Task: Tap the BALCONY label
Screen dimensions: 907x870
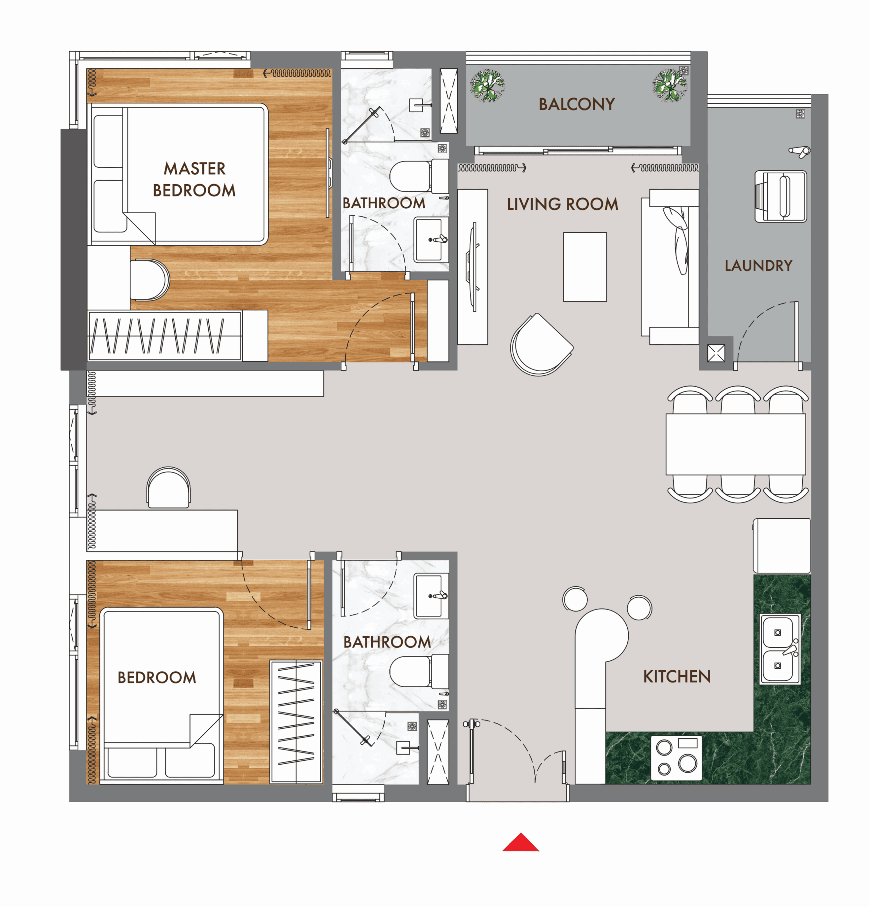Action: click(577, 105)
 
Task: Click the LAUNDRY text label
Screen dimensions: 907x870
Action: click(758, 266)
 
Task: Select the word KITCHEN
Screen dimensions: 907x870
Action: click(677, 677)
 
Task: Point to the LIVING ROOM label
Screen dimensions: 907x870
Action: click(562, 204)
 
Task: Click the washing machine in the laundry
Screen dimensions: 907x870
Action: click(781, 196)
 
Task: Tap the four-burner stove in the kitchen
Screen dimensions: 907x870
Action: click(676, 757)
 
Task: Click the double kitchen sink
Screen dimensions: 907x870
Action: click(779, 649)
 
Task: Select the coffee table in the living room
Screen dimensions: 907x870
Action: click(584, 267)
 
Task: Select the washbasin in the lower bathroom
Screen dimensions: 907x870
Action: click(430, 596)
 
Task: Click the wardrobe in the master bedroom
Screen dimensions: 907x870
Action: click(164, 336)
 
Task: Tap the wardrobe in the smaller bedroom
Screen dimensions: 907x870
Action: click(296, 722)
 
